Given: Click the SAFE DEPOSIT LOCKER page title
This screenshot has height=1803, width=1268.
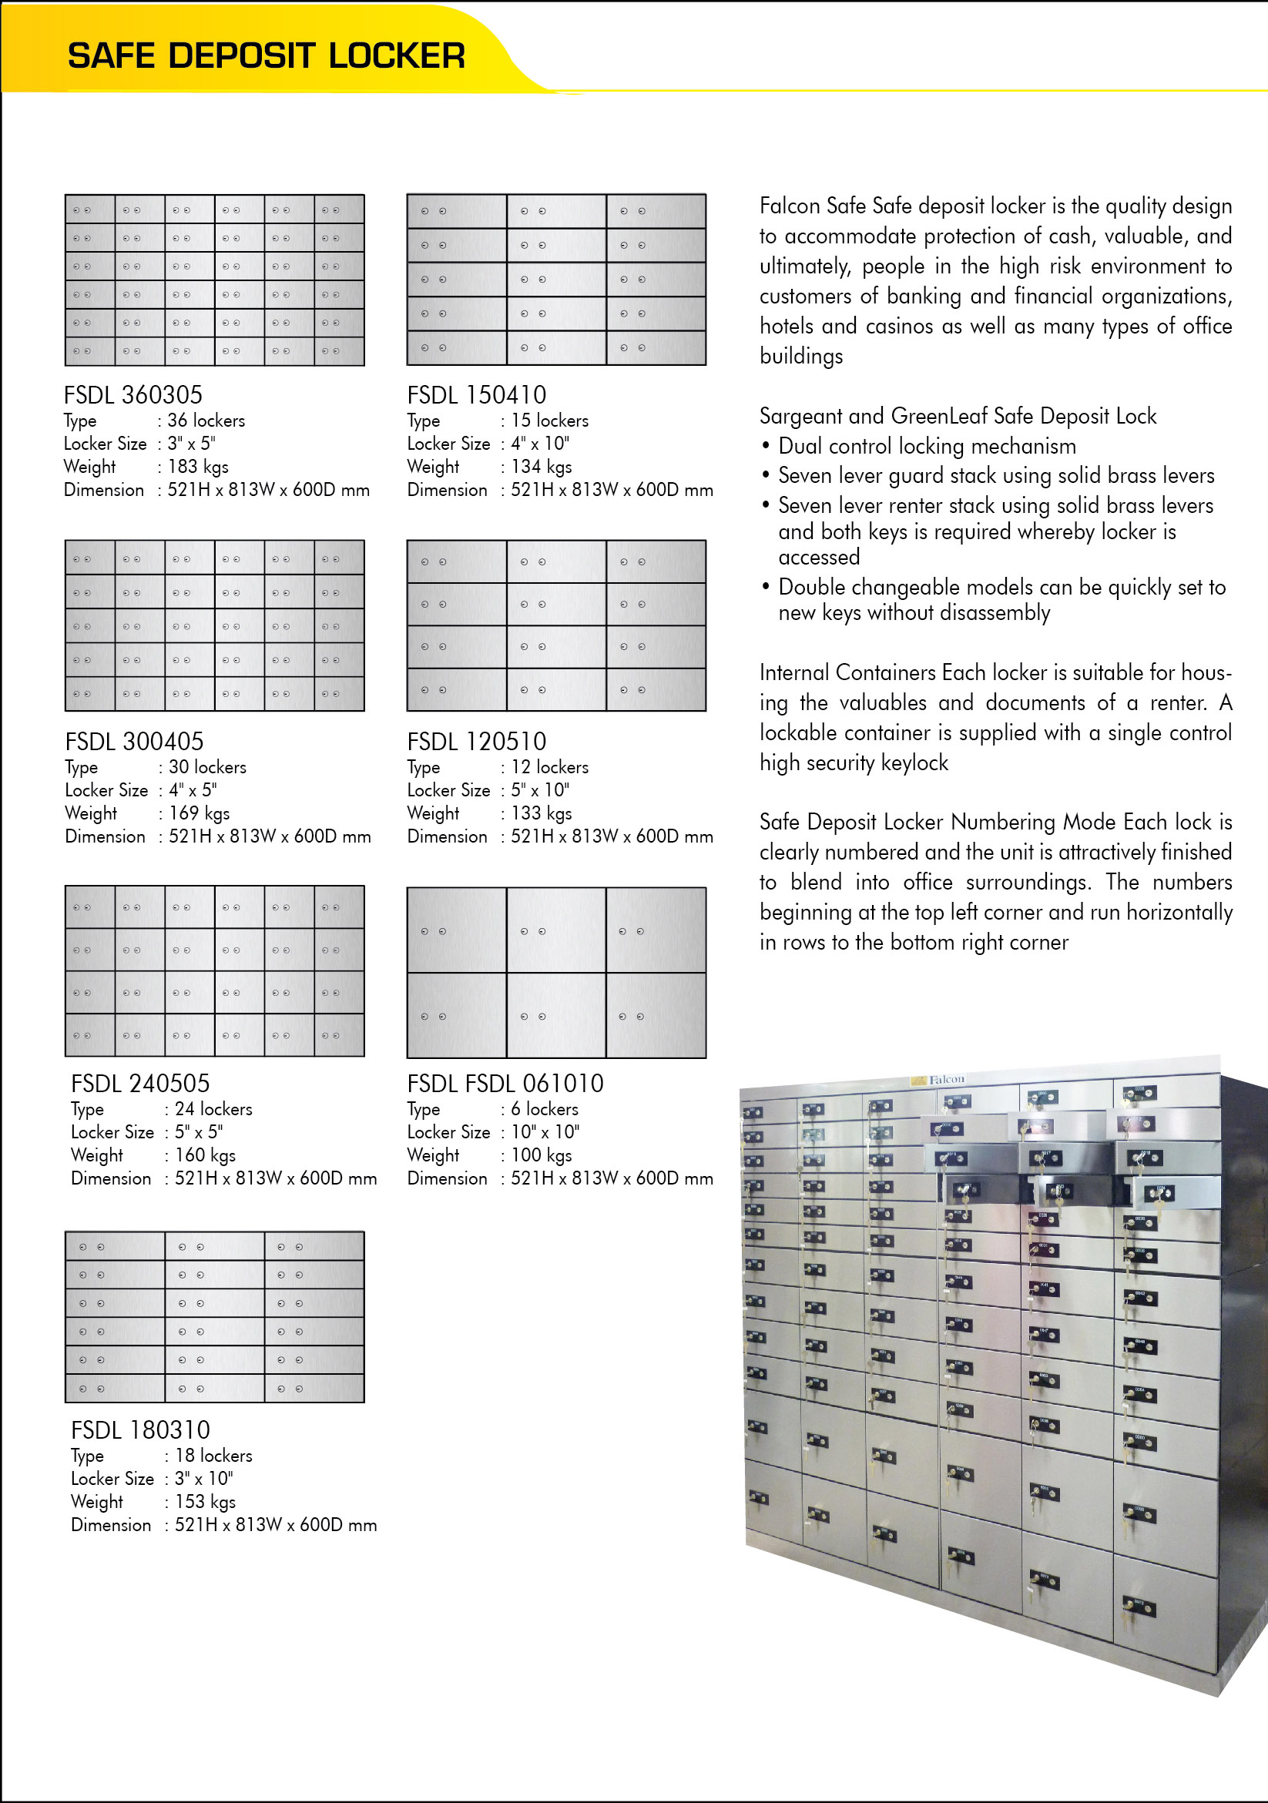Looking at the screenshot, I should [x=266, y=55].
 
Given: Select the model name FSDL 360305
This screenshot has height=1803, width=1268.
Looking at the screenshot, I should [x=133, y=394].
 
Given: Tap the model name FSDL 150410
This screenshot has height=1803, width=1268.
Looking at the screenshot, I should [x=476, y=394].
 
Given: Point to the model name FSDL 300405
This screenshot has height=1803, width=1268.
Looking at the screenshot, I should [x=134, y=740].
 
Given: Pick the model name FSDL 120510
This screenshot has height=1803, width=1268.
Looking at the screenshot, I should [x=476, y=740].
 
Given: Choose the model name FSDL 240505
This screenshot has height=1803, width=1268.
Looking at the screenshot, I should [x=141, y=1083].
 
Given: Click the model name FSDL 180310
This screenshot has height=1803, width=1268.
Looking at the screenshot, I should [x=141, y=1429].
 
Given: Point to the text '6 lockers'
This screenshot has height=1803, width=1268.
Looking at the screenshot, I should [x=545, y=1108].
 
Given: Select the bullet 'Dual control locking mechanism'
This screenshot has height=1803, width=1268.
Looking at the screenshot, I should [x=926, y=446].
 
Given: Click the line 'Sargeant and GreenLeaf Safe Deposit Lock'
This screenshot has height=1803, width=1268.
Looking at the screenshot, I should [x=958, y=415].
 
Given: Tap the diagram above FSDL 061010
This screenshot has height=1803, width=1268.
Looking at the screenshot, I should [x=556, y=972].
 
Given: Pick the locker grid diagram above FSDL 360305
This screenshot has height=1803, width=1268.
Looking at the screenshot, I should [x=214, y=280].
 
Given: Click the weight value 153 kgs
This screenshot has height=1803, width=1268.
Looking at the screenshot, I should [x=205, y=1500].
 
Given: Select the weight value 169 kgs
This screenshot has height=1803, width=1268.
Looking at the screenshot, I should [x=200, y=813].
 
